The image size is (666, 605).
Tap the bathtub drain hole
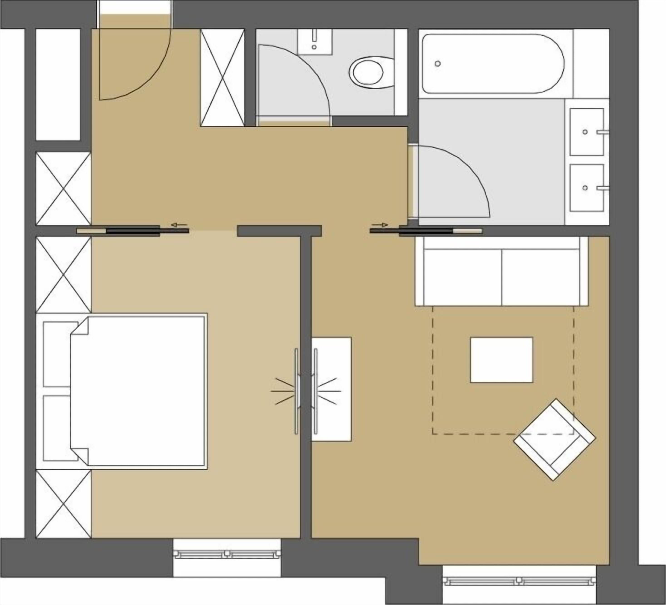(438, 63)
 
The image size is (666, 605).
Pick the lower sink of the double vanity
(586, 188)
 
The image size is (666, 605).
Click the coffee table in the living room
(501, 360)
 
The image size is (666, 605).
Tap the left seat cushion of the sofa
(463, 277)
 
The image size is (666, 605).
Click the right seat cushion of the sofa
(540, 277)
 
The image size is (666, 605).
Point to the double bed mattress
(142, 391)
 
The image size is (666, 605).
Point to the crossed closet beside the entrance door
(222, 78)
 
